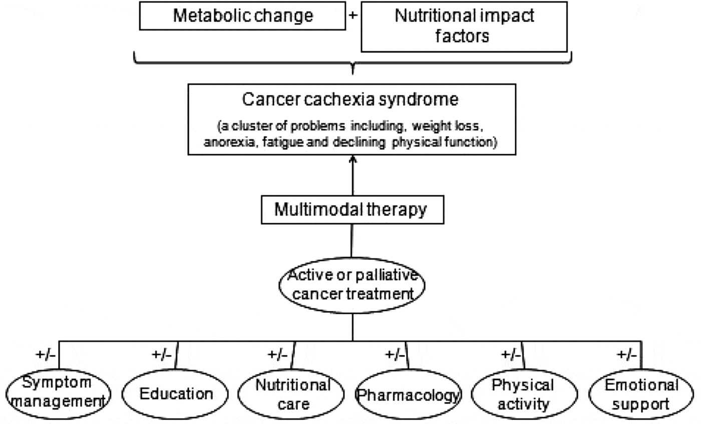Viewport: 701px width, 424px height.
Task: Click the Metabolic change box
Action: click(243, 16)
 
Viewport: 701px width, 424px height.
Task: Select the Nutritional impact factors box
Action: click(464, 26)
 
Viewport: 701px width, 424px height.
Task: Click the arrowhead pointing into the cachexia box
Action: click(353, 159)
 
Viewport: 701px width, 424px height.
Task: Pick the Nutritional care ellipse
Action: click(293, 394)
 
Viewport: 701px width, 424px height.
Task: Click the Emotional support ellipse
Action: click(641, 394)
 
